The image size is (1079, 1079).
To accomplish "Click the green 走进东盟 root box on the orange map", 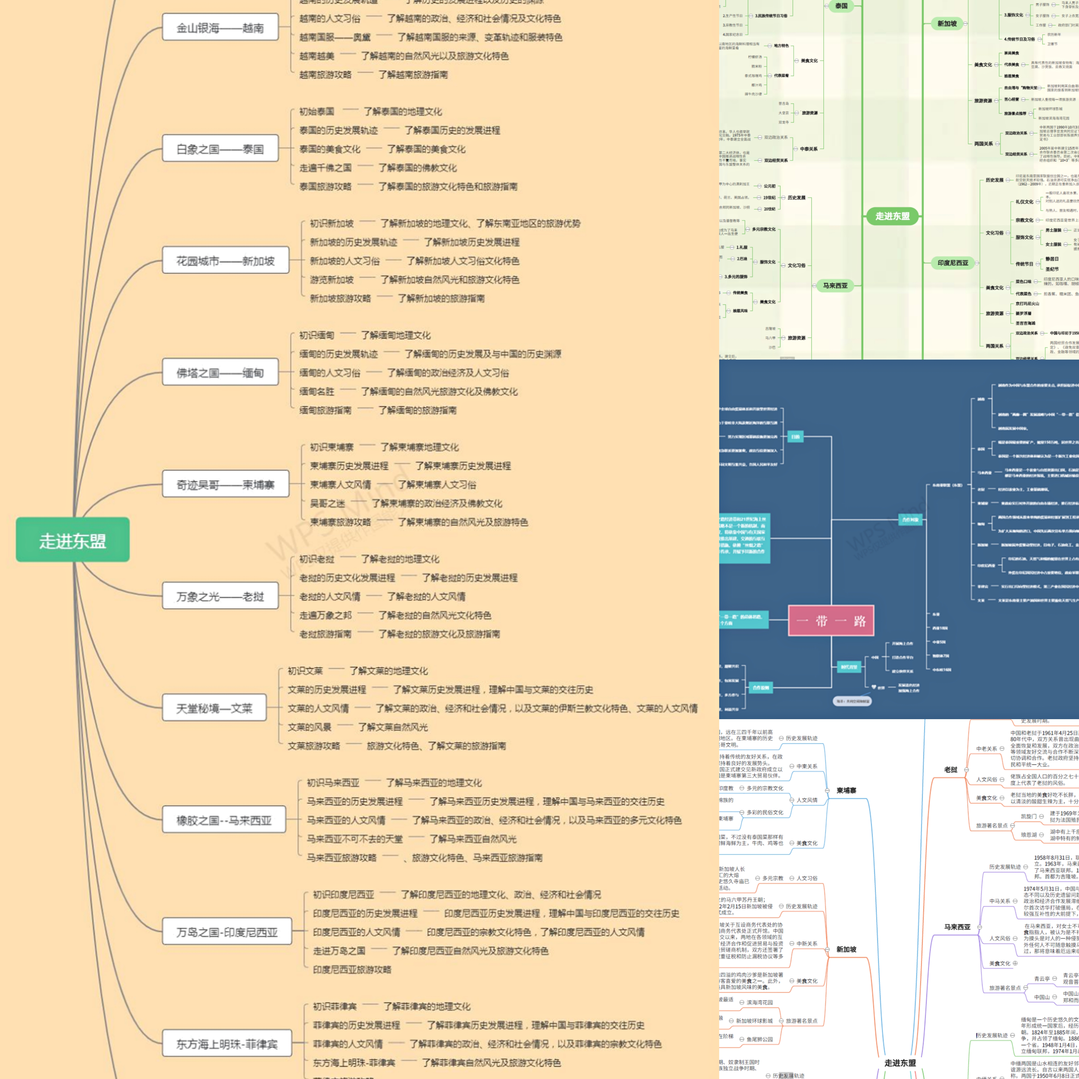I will click(x=73, y=539).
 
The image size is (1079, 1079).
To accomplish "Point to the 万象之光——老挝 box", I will click(x=220, y=596).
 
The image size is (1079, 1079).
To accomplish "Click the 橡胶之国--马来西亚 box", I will click(x=223, y=820).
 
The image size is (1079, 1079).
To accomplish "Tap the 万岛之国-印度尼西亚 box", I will click(x=227, y=931).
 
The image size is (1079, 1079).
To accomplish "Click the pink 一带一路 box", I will click(x=831, y=620).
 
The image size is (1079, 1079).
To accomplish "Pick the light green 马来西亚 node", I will click(x=835, y=285).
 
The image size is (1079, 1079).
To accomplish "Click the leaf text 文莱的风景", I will click(x=310, y=727).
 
